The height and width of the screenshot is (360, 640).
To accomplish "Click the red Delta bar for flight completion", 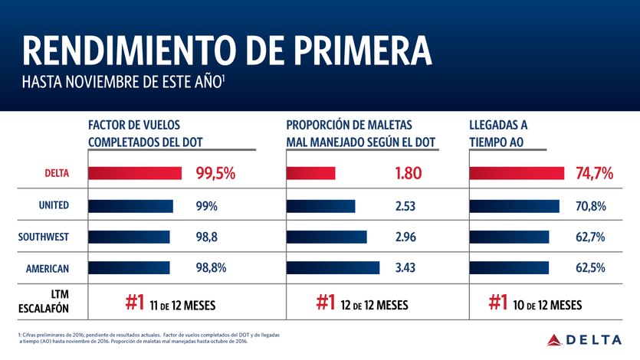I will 135,173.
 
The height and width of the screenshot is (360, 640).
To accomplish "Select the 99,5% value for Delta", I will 215,174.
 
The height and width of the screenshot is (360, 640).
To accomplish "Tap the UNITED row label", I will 54,205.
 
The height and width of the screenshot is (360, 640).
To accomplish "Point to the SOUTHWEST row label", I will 44,237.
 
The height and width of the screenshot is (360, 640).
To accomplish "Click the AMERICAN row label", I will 48,268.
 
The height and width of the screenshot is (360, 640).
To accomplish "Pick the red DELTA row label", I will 54,174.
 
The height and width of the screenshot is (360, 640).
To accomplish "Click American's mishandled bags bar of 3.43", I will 333,268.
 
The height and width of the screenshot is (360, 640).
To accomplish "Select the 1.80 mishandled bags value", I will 409,174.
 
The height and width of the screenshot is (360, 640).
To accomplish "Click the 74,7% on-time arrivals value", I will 594,174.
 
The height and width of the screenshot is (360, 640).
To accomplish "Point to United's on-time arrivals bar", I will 514,205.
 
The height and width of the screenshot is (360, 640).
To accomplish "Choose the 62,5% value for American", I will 590,268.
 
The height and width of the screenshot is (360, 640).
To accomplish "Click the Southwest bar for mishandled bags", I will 327,237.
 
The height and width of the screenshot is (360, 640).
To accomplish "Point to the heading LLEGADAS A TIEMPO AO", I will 499,133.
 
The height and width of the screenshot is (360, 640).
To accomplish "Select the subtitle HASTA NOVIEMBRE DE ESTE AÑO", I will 123,82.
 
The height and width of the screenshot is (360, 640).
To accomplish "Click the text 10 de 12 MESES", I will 547,305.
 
